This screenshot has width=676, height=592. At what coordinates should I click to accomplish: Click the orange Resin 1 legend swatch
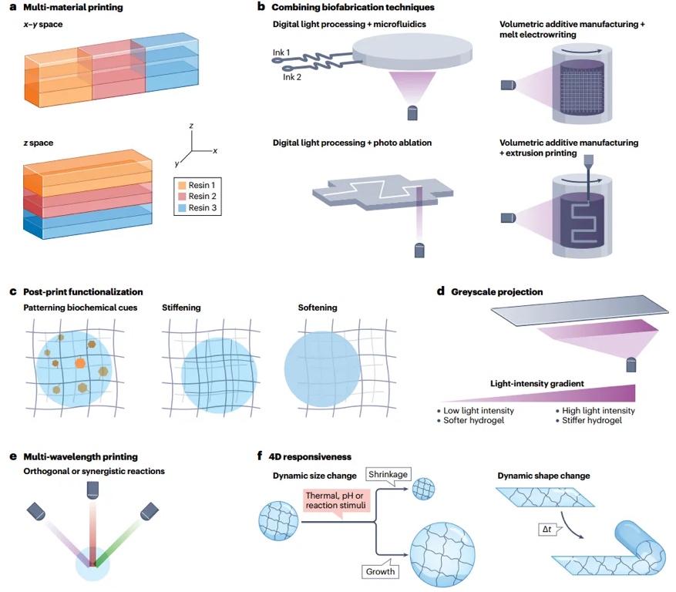tap(182, 186)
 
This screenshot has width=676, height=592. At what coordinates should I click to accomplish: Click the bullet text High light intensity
tap(598, 410)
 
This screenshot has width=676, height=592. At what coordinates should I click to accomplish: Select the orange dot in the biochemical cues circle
tap(79, 362)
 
